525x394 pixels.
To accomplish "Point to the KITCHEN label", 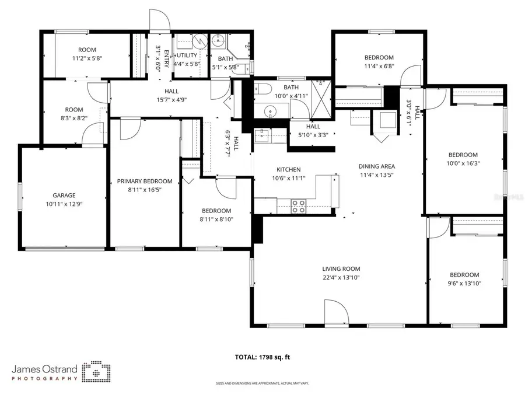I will (288, 170).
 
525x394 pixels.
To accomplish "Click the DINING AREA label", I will (376, 166).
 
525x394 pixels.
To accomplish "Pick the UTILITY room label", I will (187, 55).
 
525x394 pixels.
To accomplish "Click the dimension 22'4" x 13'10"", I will (341, 278).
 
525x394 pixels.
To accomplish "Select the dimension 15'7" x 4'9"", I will (171, 100).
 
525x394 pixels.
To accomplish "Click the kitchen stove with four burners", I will (298, 205).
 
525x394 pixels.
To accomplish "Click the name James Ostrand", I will (44, 369).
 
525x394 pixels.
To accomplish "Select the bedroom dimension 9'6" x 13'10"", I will (464, 283).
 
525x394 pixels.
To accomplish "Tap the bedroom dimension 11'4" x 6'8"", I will (379, 66).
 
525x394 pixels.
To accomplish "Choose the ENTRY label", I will (166, 59).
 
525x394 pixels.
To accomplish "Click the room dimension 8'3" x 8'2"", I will (74, 118).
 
